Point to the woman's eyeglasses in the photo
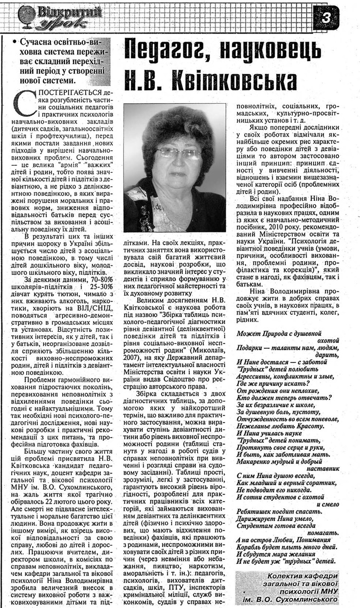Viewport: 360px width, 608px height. point(179,153)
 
